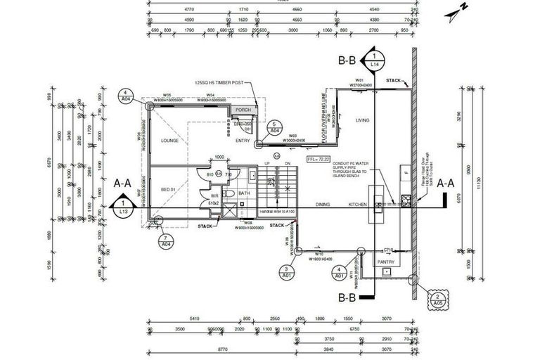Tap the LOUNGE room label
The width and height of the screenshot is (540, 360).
[x=169, y=141]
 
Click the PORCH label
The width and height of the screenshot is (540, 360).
[x=243, y=110]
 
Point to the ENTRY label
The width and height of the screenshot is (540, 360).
[x=243, y=141]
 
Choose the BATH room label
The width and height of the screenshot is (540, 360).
[x=244, y=193]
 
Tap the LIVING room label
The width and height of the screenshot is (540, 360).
[x=362, y=120]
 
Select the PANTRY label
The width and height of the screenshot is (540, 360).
[x=385, y=262]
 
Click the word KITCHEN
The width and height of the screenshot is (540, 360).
[x=359, y=205]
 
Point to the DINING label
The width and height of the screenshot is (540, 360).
[x=323, y=205]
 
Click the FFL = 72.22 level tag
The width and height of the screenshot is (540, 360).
[x=318, y=160]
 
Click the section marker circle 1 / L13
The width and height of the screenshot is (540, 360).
[x=124, y=207]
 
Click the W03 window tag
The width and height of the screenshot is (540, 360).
[x=293, y=136]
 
